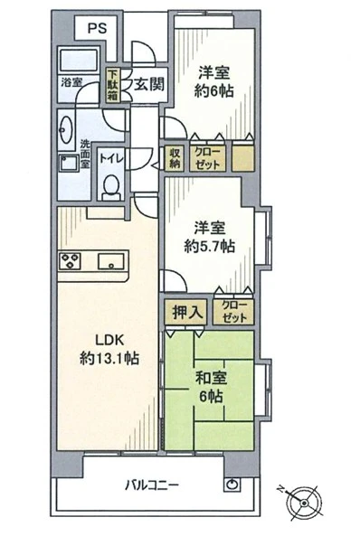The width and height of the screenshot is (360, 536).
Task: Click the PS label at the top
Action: pos(97,28)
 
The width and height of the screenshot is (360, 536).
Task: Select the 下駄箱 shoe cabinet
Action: pos(112,85)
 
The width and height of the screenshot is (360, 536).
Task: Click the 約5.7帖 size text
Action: pos(213,247)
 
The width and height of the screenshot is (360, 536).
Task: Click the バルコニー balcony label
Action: pos(151,484)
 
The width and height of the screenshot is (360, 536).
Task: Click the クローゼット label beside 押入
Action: pos(232,311)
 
